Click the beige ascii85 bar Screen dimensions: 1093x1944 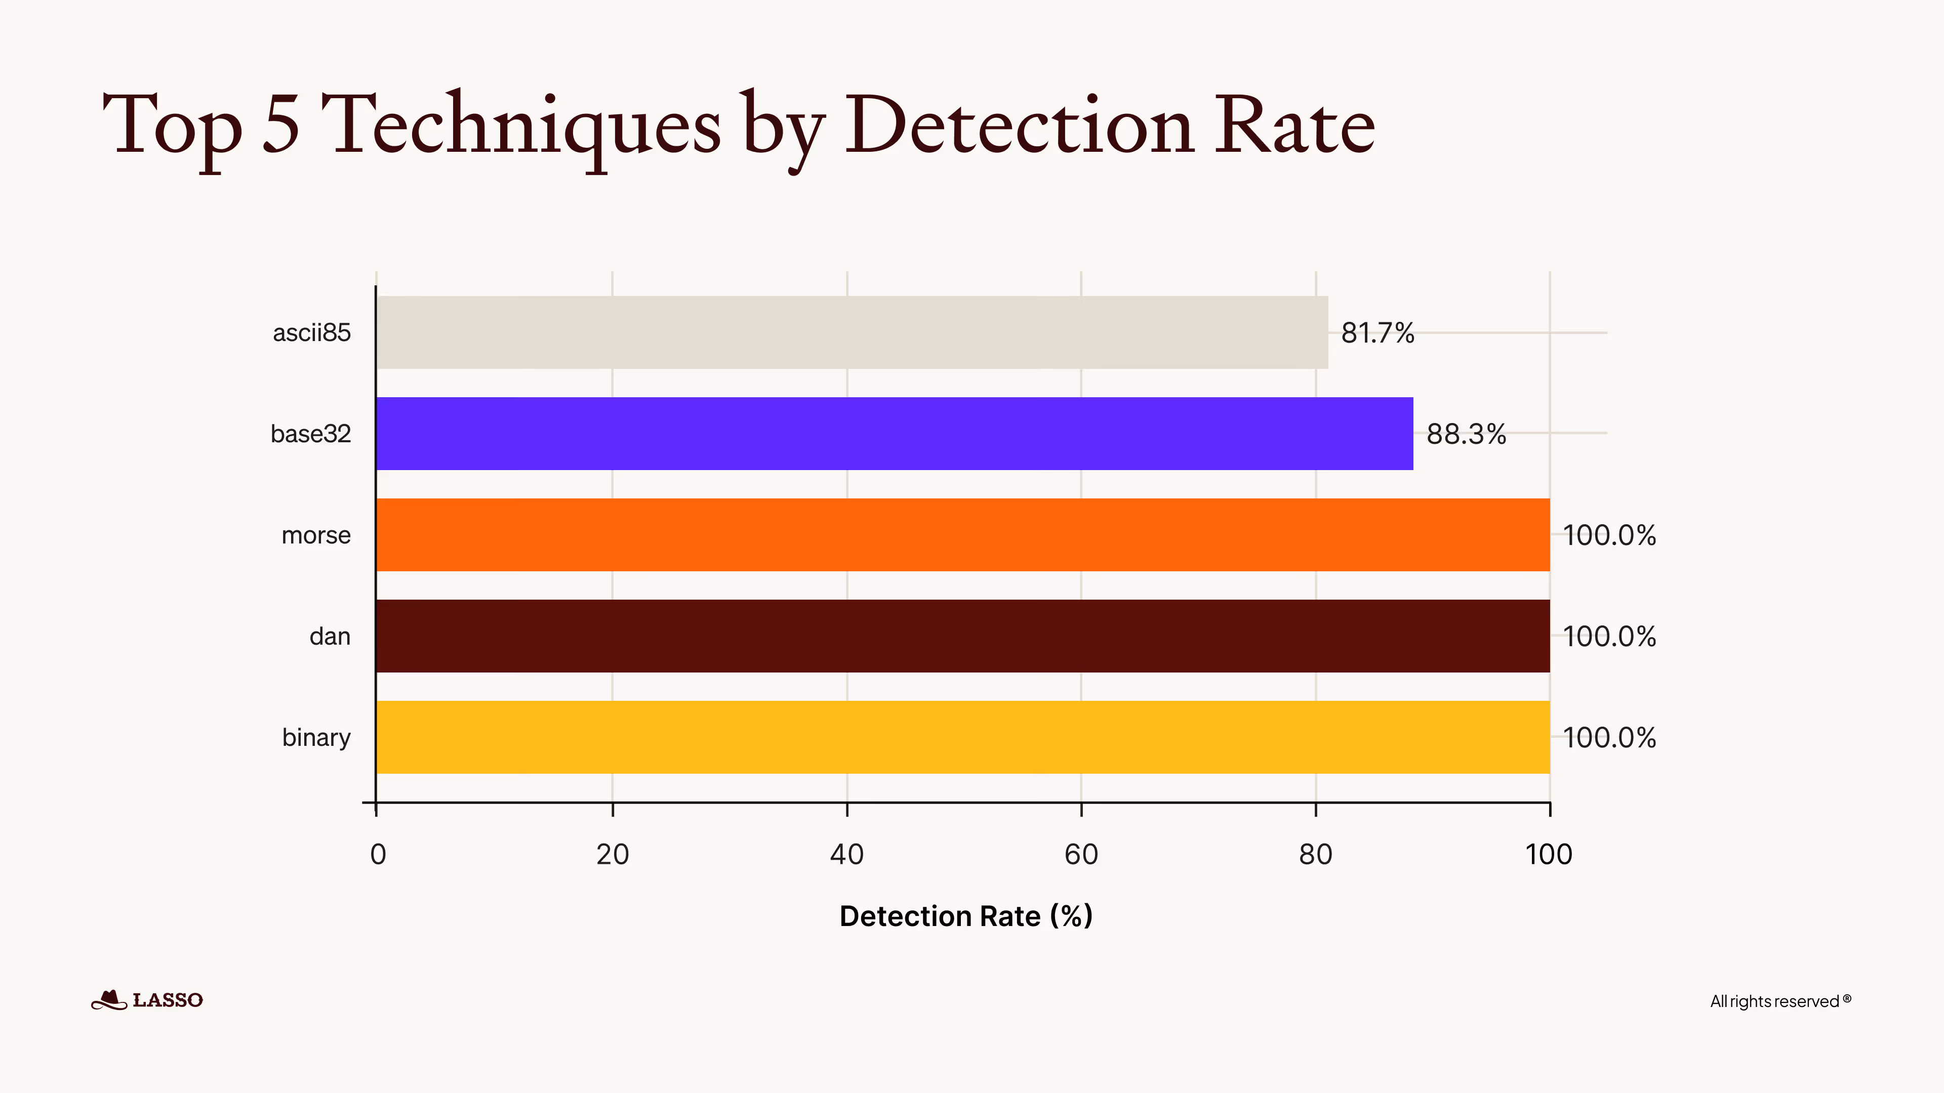851,332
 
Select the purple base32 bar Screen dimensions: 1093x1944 894,434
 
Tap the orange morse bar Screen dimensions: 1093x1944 962,535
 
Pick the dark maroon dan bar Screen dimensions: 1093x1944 962,636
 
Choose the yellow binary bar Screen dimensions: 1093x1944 962,737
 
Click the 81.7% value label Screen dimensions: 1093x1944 1377,332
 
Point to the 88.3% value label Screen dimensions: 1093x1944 1466,435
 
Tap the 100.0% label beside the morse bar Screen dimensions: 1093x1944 1609,535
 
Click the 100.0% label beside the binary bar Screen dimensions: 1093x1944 1609,738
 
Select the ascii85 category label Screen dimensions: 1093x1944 312,332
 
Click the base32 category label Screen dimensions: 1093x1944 311,434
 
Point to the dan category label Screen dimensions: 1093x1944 330,637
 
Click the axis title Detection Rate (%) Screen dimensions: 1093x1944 966,916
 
